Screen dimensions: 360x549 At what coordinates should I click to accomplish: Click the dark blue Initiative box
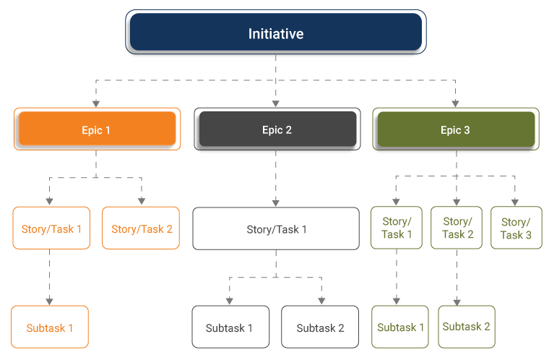coord(275,34)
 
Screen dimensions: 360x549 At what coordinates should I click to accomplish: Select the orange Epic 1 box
coord(97,130)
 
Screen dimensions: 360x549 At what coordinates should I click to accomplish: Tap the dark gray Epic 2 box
coord(276,130)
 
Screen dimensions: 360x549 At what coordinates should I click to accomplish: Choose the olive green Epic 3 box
coord(455,130)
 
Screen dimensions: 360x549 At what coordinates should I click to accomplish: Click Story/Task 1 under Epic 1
coord(51,228)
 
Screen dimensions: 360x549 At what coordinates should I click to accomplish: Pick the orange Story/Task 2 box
coord(142,228)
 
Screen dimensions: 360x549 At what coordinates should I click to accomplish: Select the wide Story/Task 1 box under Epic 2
coord(276,229)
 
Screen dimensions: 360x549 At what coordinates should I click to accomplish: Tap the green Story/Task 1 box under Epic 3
coord(397,228)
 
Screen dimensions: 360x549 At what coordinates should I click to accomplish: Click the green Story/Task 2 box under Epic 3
coord(457,228)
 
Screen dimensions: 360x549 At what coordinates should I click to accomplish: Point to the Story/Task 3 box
coord(516,228)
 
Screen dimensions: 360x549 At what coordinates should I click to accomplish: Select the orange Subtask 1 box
coord(50,327)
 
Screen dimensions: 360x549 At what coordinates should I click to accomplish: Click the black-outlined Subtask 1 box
coord(230,327)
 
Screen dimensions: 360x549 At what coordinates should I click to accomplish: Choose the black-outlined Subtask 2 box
coord(320,327)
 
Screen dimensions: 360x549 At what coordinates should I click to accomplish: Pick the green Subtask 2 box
coord(466,326)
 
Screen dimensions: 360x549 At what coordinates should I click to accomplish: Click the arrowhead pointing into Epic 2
coord(275,103)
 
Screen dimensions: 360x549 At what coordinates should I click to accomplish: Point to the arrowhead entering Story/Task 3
coord(514,202)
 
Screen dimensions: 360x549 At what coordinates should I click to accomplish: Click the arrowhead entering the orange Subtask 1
coord(49,300)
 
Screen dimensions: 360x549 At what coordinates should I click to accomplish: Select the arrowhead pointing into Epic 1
coord(96,103)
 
